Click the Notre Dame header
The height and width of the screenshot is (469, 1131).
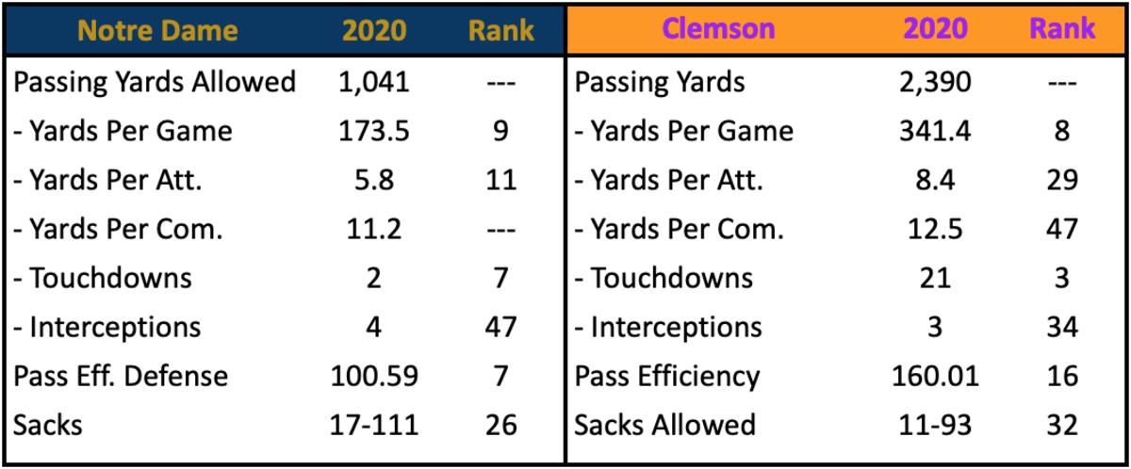tap(157, 30)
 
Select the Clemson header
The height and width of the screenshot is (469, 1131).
tap(718, 28)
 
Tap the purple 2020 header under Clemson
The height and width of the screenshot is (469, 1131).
tap(935, 28)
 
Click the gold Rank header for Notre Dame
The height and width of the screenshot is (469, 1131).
tap(500, 30)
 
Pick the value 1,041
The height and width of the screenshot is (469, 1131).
tap(373, 82)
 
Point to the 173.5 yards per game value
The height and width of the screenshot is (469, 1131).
tap(373, 131)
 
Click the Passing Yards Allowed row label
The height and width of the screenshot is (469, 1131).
tap(155, 82)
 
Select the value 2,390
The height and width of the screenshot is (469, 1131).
tap(935, 82)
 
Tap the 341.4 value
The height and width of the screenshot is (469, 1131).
tap(935, 131)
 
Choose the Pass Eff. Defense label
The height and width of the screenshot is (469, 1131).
tap(121, 376)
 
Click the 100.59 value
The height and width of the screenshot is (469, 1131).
tap(374, 376)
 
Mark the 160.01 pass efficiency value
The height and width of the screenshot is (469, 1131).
tap(935, 376)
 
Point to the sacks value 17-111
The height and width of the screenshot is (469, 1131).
tap(373, 425)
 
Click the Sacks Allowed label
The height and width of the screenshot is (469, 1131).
tap(665, 425)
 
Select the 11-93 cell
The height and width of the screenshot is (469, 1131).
tap(935, 425)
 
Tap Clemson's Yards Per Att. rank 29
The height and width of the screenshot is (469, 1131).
tap(1062, 180)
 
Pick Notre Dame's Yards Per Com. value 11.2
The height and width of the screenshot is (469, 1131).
tap(373, 229)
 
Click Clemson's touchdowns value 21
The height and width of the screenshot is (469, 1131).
tap(935, 278)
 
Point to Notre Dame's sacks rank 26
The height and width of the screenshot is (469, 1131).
tap(500, 425)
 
